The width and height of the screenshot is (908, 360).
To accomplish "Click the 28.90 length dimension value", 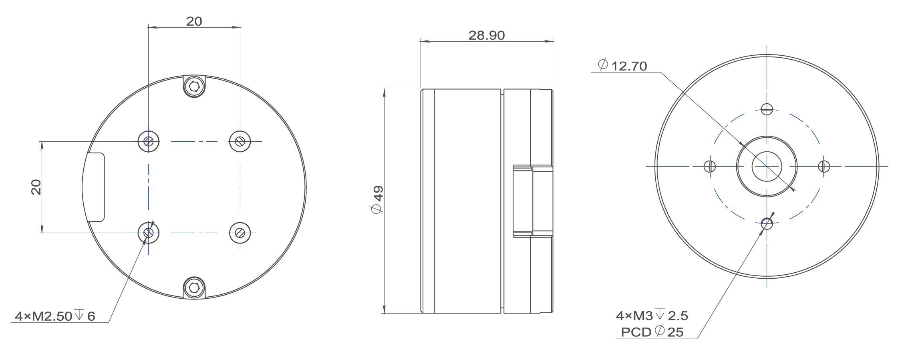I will pos(486,35).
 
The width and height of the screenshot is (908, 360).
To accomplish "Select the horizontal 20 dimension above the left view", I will pos(194,21).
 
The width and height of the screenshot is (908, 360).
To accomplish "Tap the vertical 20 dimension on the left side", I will pos(36,187).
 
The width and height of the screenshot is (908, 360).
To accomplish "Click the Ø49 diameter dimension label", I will pos(377,199).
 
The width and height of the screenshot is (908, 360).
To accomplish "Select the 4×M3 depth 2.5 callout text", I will pos(652,316).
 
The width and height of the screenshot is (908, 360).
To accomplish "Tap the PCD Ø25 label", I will pos(652,332).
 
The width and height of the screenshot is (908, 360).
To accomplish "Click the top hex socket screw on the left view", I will pos(194,86).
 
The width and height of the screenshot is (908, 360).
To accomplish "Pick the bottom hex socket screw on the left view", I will pos(194,288).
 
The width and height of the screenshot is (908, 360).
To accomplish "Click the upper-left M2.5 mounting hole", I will pos(149,141).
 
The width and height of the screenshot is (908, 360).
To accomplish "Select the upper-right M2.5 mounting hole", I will pos(240,141).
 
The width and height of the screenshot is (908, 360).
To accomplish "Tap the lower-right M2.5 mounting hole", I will pos(240,233).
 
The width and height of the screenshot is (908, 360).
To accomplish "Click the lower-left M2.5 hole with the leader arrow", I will pos(149,233).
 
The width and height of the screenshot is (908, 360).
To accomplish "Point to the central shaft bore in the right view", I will pos(767,167).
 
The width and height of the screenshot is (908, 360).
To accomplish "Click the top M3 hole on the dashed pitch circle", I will pos(767,109).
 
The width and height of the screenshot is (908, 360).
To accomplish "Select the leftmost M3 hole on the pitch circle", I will pos(710,166).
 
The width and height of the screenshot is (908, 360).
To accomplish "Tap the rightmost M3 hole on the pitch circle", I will pos(824,166).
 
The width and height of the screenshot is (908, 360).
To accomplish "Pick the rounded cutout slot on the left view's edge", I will pos(96,187).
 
